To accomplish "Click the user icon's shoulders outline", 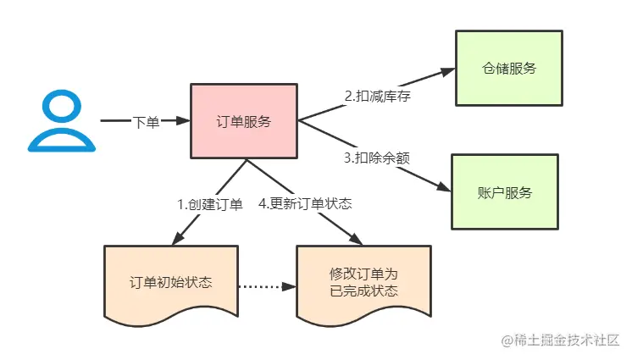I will tap(59, 140).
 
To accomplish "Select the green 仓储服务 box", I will tap(508, 69).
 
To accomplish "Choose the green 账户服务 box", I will tap(504, 192).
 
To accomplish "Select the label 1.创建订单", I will tap(208, 203).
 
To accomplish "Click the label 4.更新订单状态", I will tap(305, 203).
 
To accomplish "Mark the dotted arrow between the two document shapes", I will tap(266, 285).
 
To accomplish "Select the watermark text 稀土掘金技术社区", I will tap(568, 340).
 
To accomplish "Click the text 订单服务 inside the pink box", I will tap(244, 121).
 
